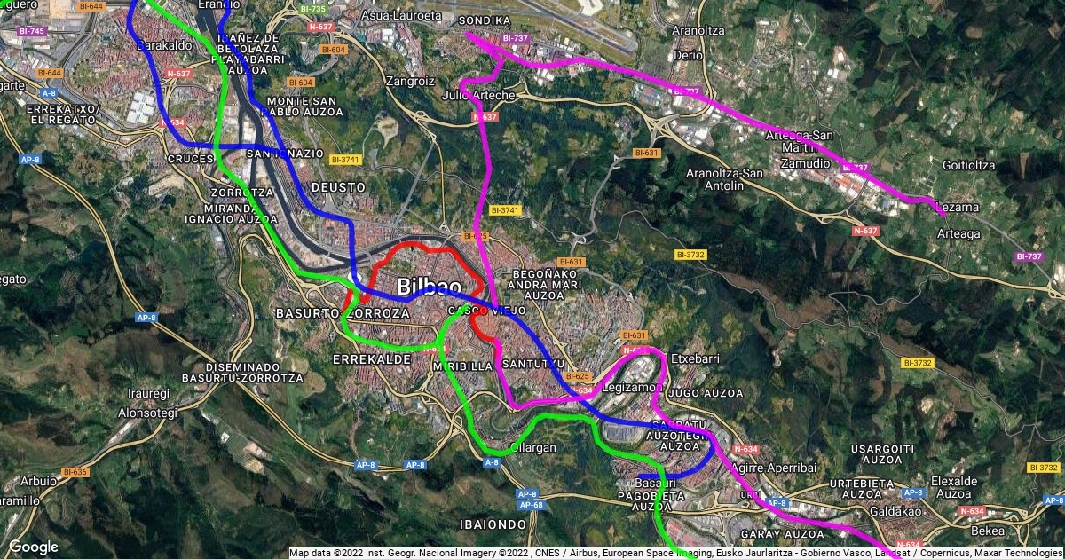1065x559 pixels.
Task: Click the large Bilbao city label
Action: (430, 287)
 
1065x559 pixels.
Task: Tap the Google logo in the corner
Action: (34, 547)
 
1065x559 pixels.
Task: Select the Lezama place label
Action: (958, 208)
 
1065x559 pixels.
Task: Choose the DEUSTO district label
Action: (338, 187)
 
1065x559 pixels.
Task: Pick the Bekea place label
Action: (988, 531)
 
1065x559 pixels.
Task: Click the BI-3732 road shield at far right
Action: (1043, 467)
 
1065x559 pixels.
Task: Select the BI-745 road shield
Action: (31, 31)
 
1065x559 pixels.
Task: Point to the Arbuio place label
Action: (38, 481)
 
